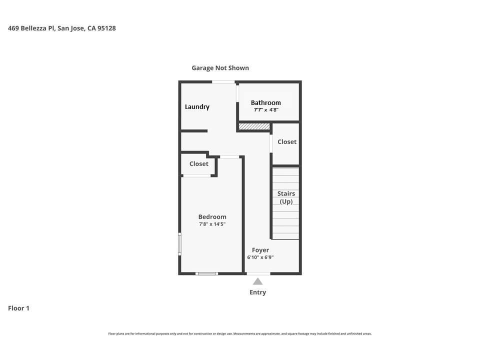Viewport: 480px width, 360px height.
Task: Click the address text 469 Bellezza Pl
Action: (61, 28)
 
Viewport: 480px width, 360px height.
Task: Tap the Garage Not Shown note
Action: (220, 68)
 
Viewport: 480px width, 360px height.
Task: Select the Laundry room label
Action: (197, 107)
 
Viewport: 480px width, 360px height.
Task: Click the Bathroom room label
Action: (265, 102)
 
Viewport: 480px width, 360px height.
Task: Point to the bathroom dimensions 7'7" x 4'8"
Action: (265, 110)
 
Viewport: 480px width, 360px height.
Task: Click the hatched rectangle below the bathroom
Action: (254, 127)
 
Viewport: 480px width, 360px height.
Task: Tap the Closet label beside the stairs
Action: (287, 142)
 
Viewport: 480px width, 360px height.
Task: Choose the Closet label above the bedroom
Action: (198, 164)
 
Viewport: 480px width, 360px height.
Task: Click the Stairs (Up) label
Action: (286, 197)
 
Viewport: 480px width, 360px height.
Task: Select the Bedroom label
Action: (212, 217)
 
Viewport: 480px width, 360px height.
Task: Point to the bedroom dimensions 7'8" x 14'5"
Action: (212, 224)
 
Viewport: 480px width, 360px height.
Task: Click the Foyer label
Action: (260, 250)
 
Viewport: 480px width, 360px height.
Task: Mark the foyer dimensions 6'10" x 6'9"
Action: (260, 257)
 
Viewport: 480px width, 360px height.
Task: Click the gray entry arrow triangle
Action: (257, 281)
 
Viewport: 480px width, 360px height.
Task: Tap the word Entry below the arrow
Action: (257, 292)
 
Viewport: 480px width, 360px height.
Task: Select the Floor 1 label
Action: (18, 308)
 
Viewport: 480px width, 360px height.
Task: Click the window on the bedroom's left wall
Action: (180, 244)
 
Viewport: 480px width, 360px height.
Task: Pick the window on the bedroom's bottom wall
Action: (206, 273)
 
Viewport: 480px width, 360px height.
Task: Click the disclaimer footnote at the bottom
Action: (240, 334)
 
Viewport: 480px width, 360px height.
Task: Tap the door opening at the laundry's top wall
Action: (223, 81)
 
